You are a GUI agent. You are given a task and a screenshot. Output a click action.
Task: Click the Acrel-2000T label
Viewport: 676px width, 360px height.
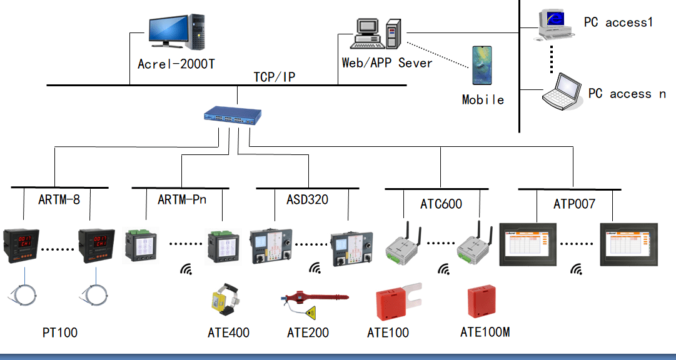176,64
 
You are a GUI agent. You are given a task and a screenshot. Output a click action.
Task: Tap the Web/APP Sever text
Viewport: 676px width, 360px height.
387,63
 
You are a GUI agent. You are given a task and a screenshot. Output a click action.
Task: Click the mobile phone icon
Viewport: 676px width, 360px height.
482,65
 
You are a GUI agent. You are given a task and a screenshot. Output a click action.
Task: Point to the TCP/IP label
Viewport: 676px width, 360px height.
275,77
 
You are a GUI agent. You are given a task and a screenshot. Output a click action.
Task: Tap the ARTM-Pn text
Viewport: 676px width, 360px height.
182,200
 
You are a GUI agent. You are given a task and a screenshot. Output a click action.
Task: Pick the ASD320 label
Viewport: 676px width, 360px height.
308,200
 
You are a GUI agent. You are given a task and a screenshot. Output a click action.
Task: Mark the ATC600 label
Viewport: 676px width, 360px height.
441,204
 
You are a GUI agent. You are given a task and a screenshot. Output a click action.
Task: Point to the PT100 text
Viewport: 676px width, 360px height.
60,332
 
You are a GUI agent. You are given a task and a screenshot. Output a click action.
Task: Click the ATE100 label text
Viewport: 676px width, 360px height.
388,332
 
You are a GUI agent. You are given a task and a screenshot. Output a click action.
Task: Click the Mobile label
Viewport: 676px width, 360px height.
483,99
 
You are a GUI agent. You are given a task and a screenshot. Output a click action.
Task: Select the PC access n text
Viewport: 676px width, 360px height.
627,94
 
